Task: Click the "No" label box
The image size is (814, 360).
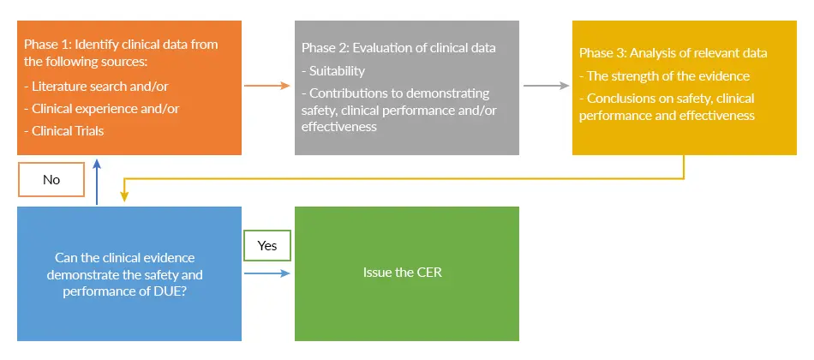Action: click(x=51, y=180)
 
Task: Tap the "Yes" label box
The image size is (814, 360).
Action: click(x=267, y=245)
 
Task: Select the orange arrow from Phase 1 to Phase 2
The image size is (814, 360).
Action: click(x=266, y=86)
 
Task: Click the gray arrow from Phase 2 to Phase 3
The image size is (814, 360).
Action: click(x=546, y=86)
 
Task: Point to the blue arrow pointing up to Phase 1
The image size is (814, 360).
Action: click(x=97, y=182)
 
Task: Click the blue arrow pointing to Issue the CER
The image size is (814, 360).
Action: click(x=266, y=273)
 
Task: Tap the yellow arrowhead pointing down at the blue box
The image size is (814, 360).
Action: click(x=124, y=196)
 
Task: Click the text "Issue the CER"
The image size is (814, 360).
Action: click(x=403, y=273)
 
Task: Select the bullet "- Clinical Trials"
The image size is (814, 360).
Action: click(x=64, y=131)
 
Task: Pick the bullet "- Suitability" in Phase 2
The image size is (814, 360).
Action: click(x=333, y=70)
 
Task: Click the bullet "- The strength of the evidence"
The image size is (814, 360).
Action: click(x=665, y=75)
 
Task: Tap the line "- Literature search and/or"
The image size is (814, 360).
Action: click(x=96, y=87)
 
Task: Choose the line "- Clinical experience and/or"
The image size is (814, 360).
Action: click(x=102, y=109)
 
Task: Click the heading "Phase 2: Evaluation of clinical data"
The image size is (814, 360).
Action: click(x=398, y=48)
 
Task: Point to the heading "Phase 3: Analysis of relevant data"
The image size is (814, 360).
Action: click(x=673, y=53)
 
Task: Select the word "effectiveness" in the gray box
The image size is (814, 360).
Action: click(x=339, y=126)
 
